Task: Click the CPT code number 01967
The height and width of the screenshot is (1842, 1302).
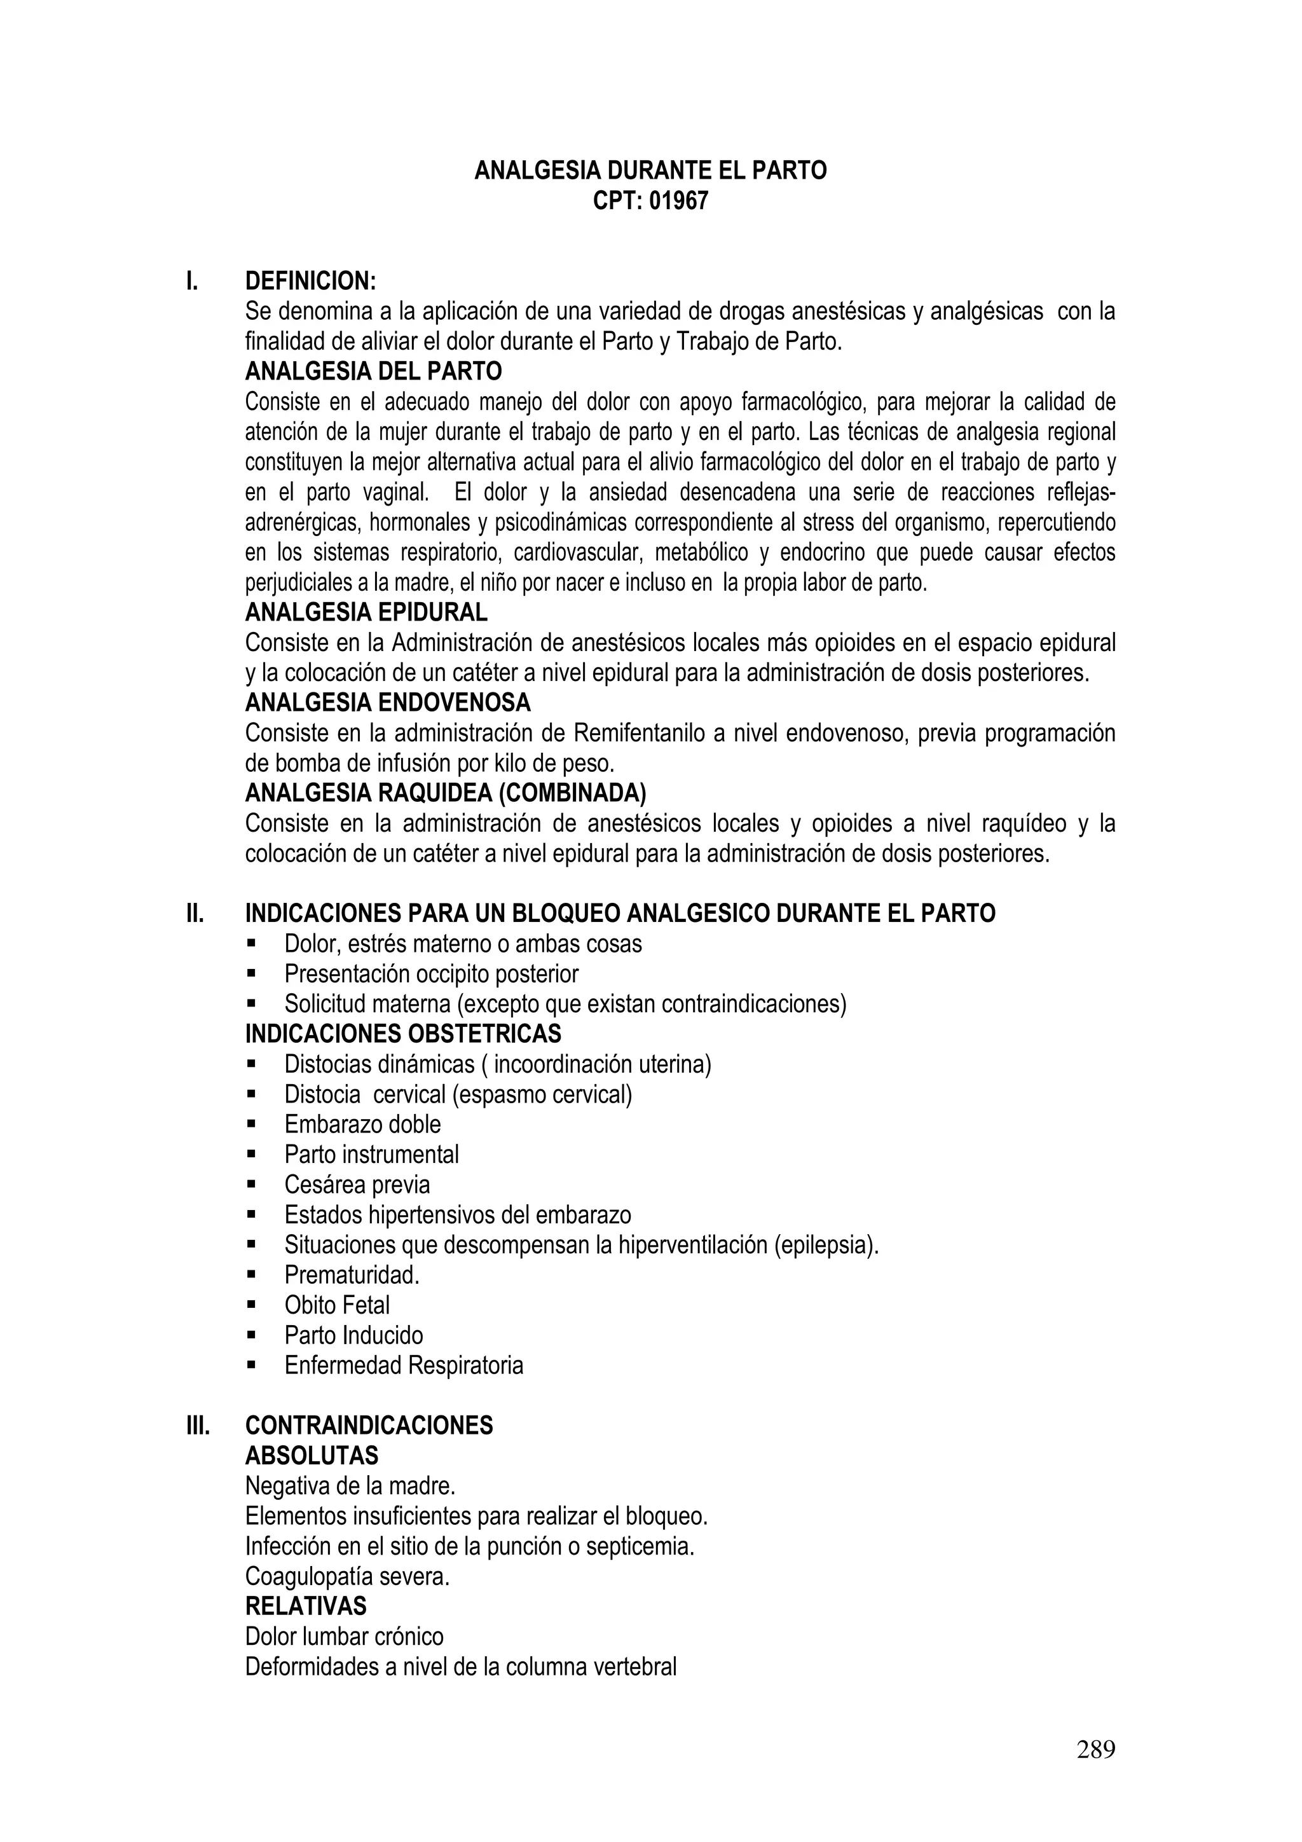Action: (x=679, y=200)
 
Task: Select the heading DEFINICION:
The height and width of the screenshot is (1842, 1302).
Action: (x=310, y=282)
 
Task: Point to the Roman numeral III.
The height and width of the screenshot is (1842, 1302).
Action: (x=197, y=1426)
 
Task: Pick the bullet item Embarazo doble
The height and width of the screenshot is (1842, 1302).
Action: (x=362, y=1124)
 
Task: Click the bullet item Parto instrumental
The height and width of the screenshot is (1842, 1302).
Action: (x=371, y=1155)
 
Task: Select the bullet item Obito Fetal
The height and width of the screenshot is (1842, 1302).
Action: (x=337, y=1305)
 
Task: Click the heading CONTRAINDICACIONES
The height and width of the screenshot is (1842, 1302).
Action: (x=369, y=1426)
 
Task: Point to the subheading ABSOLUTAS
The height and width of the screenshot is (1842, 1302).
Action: (x=312, y=1455)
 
